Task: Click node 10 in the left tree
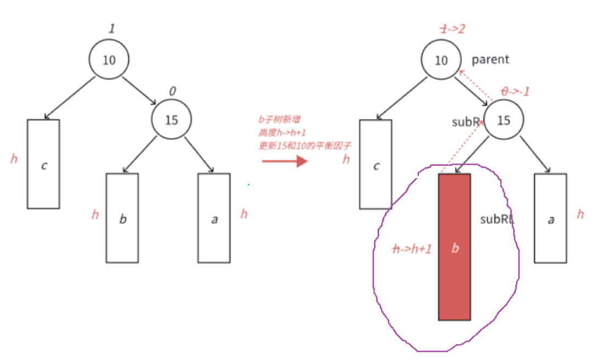coord(109,59)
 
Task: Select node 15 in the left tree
coord(171,119)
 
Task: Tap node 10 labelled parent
coord(441,60)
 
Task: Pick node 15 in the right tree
coord(503,120)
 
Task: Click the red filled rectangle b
coord(454,247)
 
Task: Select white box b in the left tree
coord(122,218)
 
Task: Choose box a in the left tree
coord(214,218)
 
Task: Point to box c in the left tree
coord(43,164)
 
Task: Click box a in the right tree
coord(550,218)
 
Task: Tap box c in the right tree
coord(376,165)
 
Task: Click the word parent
coord(490,59)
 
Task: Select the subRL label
coord(497,219)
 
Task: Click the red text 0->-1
coord(516,91)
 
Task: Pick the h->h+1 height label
coord(412,249)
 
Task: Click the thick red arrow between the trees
coord(284,161)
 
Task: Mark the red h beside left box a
coord(244,214)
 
